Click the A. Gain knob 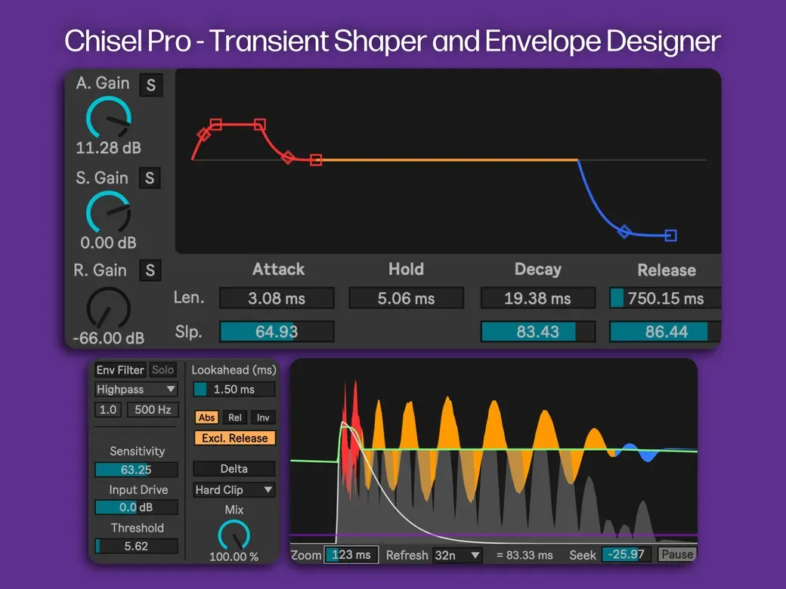point(109,118)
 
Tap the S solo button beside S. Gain point(150,177)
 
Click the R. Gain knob point(108,307)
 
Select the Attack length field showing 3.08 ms point(277,298)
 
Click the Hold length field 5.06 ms point(406,298)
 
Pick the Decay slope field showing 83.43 point(538,332)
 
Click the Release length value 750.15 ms point(665,298)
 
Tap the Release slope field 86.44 point(665,332)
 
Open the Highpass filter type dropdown point(136,389)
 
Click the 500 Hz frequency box point(153,410)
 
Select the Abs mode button point(206,417)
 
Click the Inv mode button point(263,417)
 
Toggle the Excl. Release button point(234,438)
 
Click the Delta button point(234,469)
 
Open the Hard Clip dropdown point(234,490)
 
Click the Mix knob point(234,535)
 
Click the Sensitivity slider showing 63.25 point(136,470)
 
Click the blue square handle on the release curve point(670,235)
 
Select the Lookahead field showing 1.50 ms point(234,389)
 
